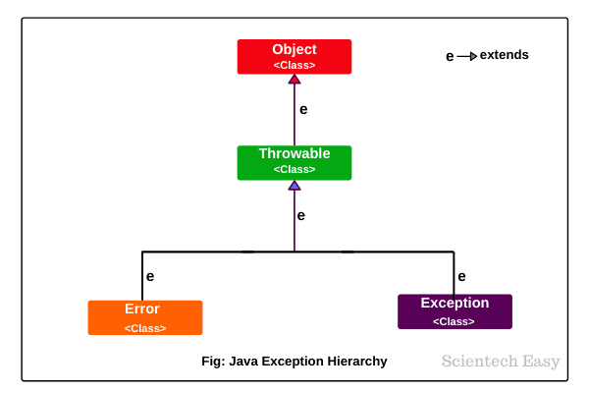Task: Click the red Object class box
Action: point(294,56)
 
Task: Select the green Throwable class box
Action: point(294,162)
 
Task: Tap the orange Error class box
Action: point(145,317)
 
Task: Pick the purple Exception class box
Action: point(455,310)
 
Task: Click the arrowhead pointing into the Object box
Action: point(294,79)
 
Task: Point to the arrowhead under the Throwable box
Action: point(294,185)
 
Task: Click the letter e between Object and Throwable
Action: point(303,109)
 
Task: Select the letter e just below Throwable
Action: point(301,215)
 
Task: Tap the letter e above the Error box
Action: point(150,277)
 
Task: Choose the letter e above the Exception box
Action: point(461,277)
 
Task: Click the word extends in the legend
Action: point(504,55)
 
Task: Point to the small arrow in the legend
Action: point(467,56)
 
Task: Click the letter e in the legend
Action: point(450,56)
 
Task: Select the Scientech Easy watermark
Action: point(501,361)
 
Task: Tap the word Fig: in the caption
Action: point(212,362)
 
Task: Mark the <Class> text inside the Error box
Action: point(145,328)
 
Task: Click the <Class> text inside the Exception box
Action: point(455,321)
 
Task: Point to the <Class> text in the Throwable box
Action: point(294,170)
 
